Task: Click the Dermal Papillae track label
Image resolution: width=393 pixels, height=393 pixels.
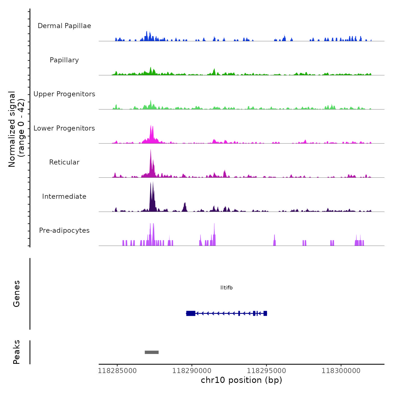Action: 64,26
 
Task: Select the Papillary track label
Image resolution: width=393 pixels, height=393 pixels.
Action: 64,60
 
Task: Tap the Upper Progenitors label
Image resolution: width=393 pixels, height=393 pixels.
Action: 64,94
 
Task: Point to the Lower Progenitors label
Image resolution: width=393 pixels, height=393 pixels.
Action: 64,128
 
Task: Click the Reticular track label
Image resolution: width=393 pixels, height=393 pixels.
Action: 64,162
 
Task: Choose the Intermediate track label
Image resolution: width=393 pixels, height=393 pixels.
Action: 64,196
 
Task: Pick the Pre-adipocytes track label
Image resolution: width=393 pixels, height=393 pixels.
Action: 64,230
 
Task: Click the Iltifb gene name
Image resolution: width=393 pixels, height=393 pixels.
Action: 227,287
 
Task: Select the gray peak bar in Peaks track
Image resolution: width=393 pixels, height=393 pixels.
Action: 152,352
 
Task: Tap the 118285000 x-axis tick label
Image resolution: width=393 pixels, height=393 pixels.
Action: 117,371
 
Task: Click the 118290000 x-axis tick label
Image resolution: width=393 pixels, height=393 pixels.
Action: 192,371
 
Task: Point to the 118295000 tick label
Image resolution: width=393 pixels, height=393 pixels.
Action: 267,371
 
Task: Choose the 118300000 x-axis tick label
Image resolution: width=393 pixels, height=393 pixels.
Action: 341,371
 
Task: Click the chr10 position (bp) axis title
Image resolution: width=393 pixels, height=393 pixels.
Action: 241,380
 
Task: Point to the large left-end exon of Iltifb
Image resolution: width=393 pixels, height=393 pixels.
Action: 191,313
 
